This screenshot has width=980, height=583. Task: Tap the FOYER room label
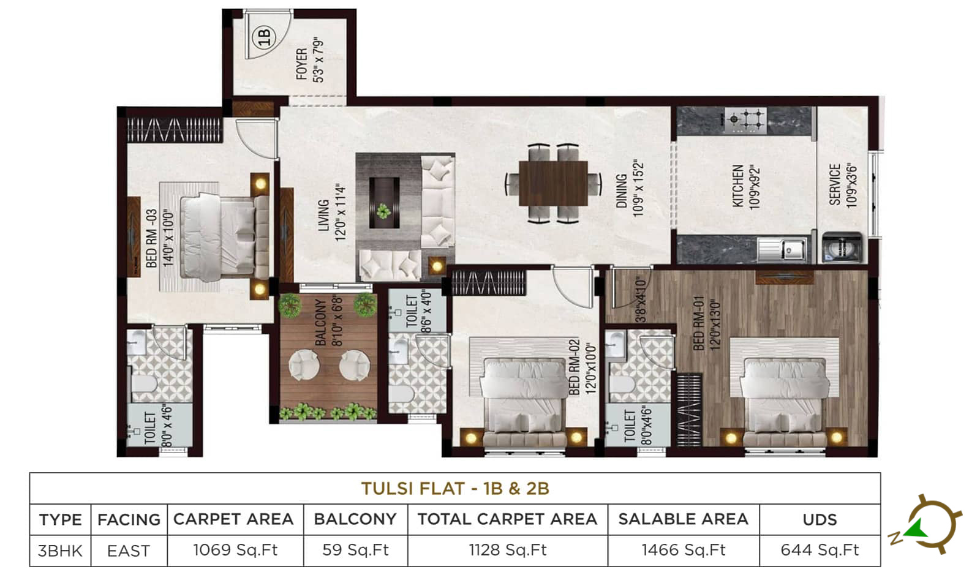coord(301,64)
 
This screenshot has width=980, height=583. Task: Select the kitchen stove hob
coord(745,120)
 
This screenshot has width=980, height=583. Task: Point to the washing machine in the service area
coord(842,247)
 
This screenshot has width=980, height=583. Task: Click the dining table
coord(554,183)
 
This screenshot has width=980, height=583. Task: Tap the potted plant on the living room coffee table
coord(383,211)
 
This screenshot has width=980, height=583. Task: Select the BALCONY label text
coord(321,322)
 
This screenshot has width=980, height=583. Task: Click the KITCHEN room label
coord(738,186)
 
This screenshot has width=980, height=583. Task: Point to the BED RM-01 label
coord(699,323)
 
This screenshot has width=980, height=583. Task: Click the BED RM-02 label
coord(574,366)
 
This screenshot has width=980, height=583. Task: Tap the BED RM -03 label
coord(151,238)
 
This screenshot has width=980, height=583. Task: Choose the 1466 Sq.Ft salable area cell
coord(684,550)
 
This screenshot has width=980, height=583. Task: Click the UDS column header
coord(820,519)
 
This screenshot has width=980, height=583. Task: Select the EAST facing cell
coord(129,551)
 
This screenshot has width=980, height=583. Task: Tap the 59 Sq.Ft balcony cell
coord(355,550)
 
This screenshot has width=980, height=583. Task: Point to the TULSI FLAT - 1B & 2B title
coord(455,489)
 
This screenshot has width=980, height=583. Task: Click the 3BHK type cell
coord(60,551)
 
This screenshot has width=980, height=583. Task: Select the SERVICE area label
coord(835,184)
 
